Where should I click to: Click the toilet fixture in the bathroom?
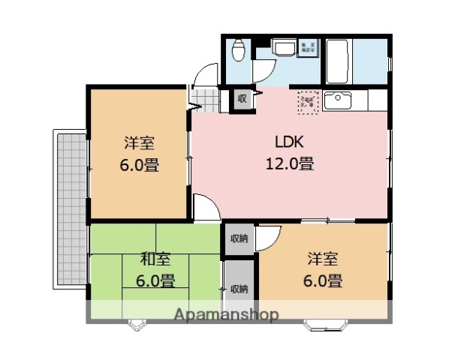(x=239, y=51)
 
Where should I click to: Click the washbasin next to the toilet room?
(x=285, y=48)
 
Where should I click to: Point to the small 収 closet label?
(x=242, y=99)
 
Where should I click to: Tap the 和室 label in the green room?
(x=156, y=259)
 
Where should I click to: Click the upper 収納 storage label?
(x=239, y=239)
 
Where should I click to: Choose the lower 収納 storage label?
(x=239, y=289)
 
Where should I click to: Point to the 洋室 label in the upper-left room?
(x=140, y=143)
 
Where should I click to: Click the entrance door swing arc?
(x=205, y=75)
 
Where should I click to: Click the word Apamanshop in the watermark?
(x=224, y=314)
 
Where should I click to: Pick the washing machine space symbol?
(x=309, y=47)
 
